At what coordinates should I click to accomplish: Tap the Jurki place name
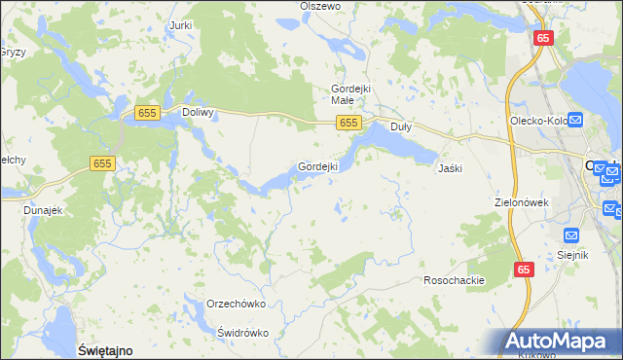tap(180, 25)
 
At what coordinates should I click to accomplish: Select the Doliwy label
tap(198, 113)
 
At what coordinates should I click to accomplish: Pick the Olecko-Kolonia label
tap(537, 121)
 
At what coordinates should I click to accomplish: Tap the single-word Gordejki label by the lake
tap(317, 166)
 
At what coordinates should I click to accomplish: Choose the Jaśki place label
tap(450, 167)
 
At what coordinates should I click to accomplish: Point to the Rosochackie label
tap(454, 280)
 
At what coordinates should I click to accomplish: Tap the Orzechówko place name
tap(237, 304)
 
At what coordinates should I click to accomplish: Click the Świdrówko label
tap(243, 332)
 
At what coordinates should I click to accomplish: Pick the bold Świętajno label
tap(104, 348)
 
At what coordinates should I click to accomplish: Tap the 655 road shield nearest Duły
tap(350, 123)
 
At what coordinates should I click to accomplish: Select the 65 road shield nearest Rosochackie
tap(524, 270)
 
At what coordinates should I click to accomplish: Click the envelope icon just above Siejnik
tap(571, 234)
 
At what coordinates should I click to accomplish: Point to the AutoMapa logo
tap(559, 342)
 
